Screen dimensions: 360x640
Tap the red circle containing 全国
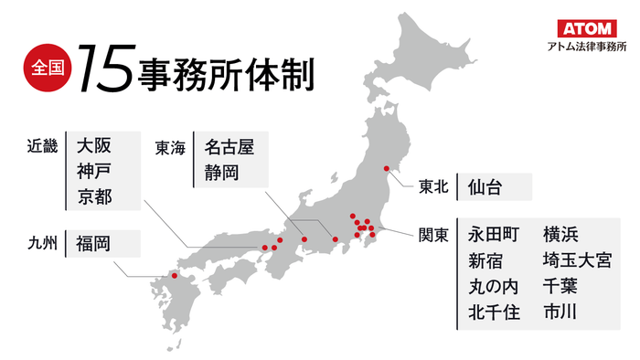pos(43,69)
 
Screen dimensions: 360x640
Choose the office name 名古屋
pos(229,146)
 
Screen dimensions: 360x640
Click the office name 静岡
pos(220,172)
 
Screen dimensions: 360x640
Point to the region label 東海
pos(170,146)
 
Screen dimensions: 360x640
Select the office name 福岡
pos(93,243)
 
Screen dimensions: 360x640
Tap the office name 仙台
pos(485,187)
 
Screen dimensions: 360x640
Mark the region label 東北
pos(433,187)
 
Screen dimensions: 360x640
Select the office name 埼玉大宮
pos(576,260)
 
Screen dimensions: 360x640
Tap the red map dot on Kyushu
pos(175,277)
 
